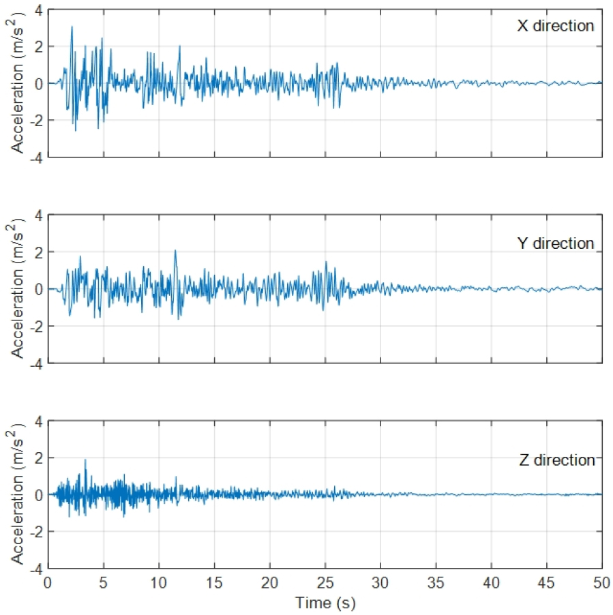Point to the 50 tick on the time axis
tap(601, 584)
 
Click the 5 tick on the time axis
tap(103, 584)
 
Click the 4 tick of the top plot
tap(38, 11)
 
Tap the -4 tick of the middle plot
tap(35, 364)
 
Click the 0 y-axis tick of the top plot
tap(38, 84)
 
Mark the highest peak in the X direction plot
tap(72, 27)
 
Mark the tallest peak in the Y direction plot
tap(175, 250)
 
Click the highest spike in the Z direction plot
tap(85, 460)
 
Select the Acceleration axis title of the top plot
tap(15, 83)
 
